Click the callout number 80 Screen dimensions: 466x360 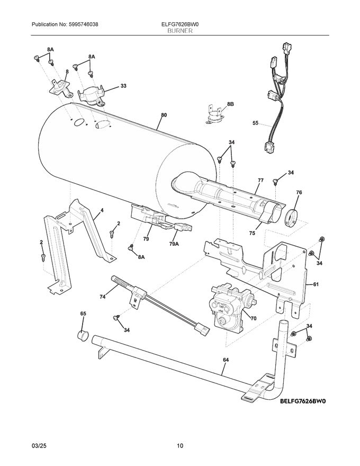pyautogui.click(x=164, y=115)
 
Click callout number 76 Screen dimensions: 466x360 pyautogui.click(x=299, y=193)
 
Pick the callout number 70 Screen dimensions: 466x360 pyautogui.click(x=253, y=319)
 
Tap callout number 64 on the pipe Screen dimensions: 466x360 pyautogui.click(x=226, y=360)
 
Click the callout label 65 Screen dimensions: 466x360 pyautogui.click(x=83, y=314)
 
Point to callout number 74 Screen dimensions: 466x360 pyautogui.click(x=103, y=297)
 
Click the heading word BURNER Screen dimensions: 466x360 pyautogui.click(x=179, y=31)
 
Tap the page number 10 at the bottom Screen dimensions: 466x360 pyautogui.click(x=180, y=446)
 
